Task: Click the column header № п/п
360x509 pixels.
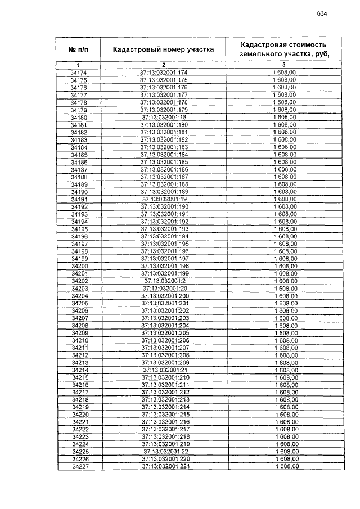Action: click(79, 49)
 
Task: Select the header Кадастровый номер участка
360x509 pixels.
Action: click(163, 49)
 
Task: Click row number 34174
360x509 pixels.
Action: click(79, 73)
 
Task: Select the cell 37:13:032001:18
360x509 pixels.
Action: click(164, 118)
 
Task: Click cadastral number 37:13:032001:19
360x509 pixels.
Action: click(164, 199)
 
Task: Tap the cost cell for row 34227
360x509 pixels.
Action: click(286, 466)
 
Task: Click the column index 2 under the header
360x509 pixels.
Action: click(163, 65)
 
